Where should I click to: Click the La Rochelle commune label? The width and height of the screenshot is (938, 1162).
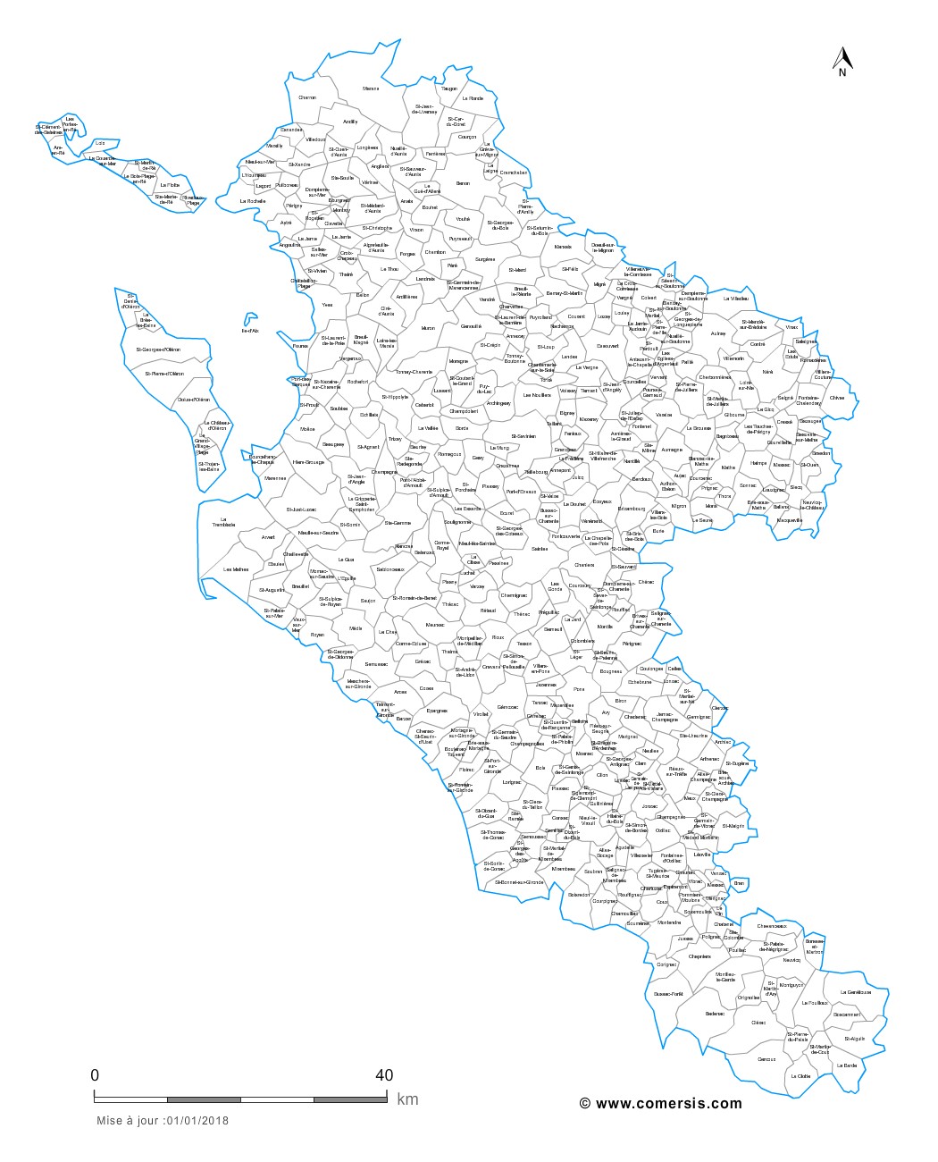click(253, 202)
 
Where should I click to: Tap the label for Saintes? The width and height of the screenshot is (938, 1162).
click(540, 549)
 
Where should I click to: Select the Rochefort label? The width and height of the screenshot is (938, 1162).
click(357, 382)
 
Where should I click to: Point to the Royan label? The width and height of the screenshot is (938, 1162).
click(317, 635)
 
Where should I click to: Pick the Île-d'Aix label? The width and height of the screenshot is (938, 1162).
click(250, 331)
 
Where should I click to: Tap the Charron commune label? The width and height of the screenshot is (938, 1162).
click(307, 97)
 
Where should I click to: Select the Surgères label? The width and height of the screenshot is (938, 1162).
click(485, 259)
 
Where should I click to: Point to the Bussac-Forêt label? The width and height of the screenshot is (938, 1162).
click(668, 993)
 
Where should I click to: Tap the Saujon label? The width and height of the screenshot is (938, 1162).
click(368, 601)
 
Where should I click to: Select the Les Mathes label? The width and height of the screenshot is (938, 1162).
click(236, 569)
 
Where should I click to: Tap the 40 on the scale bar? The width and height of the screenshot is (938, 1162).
click(384, 1074)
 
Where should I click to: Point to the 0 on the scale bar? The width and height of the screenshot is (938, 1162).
click(95, 1074)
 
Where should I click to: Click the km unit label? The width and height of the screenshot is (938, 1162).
click(407, 1099)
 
